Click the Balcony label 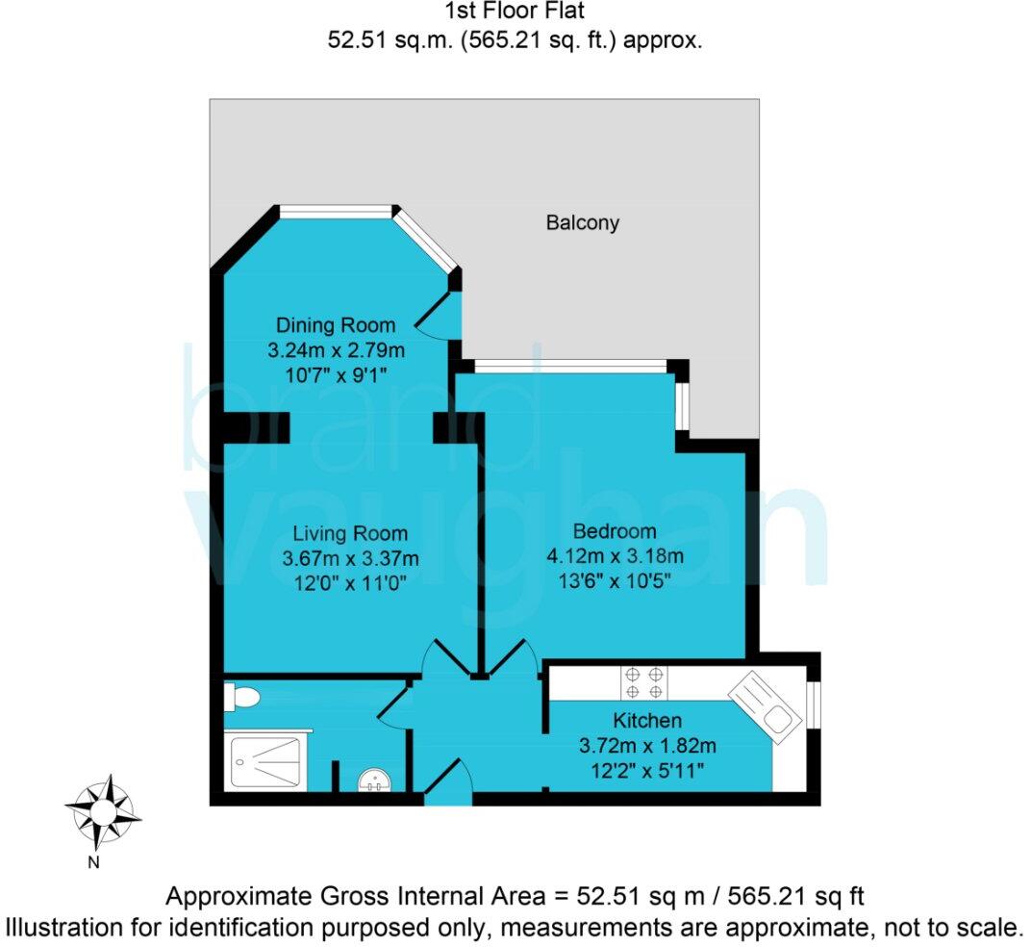[583, 223]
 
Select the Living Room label [350, 533]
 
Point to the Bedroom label [615, 530]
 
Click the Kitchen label [647, 721]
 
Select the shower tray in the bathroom [266, 761]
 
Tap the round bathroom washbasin [372, 780]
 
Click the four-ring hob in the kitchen [643, 681]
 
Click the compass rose [102, 809]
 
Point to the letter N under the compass [94, 862]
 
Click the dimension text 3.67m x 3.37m [350, 557]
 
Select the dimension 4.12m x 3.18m [615, 555]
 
